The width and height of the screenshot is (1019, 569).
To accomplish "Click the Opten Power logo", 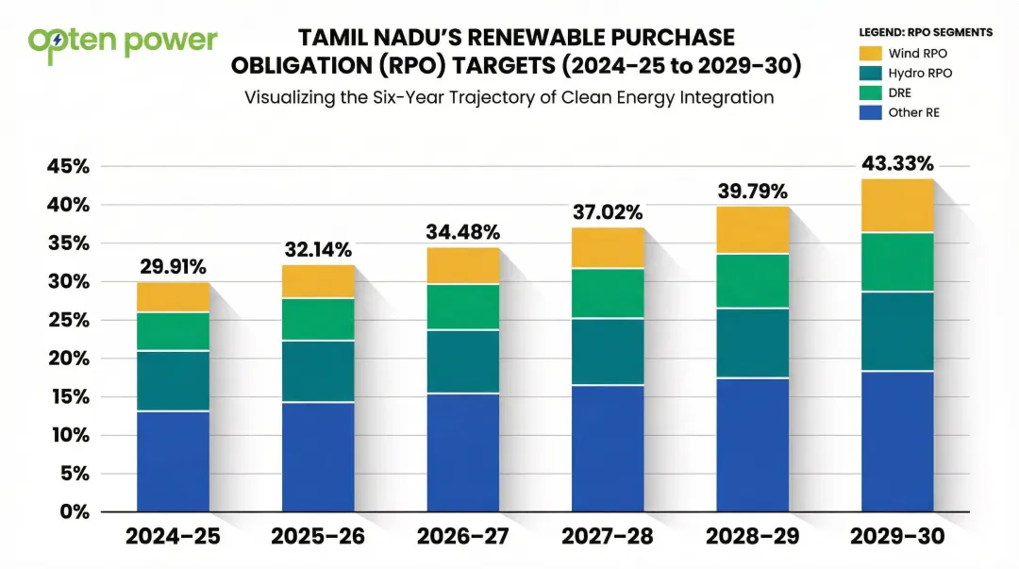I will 123,42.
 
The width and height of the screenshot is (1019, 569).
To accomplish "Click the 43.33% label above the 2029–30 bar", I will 897,164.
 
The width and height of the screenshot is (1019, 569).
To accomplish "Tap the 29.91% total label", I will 173,267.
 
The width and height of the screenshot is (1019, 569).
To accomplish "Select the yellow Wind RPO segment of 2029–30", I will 897,206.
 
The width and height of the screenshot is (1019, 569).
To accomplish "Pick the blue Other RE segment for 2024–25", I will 173,461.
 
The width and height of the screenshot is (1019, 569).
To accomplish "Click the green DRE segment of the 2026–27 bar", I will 463,307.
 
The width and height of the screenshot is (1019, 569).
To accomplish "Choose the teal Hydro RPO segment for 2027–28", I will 608,351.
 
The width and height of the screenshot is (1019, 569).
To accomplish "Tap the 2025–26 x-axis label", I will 318,537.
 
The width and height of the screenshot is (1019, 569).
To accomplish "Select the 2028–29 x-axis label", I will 752,537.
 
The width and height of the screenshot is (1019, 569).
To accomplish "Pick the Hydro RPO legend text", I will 921,74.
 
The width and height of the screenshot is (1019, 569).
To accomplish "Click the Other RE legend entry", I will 913,113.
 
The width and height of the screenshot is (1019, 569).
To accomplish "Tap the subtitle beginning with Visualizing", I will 509,97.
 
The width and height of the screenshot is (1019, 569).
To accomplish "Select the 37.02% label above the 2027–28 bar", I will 608,212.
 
